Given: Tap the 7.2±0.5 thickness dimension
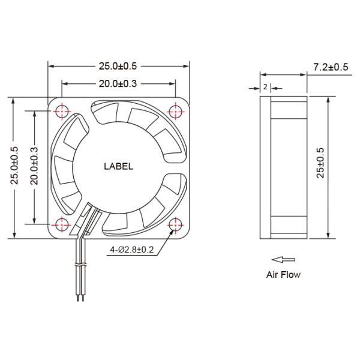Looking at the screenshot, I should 330,67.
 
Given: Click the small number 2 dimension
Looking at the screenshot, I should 265,87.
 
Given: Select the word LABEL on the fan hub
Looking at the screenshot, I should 119,167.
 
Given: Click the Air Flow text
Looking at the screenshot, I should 283,275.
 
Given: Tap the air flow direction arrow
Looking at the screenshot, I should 283,260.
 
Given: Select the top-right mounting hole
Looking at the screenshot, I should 176,111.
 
